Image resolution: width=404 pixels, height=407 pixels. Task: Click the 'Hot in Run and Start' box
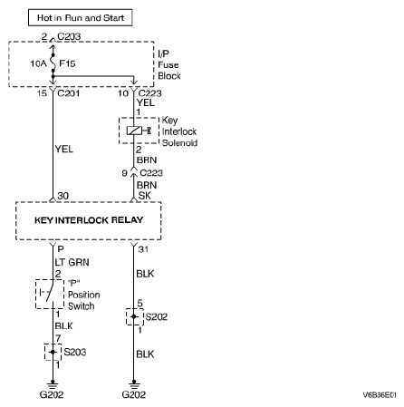pyautogui.click(x=81, y=17)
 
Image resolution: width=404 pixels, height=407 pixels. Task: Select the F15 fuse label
pyautogui.click(x=67, y=63)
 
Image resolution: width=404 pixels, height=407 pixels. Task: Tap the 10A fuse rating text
pyautogui.click(x=38, y=63)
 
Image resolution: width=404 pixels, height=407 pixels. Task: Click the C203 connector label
pyautogui.click(x=69, y=36)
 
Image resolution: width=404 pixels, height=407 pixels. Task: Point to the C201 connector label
pyautogui.click(x=69, y=93)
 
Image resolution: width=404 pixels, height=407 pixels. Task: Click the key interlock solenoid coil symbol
pyautogui.click(x=134, y=131)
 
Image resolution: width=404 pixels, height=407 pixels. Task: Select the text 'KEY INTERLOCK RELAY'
pyautogui.click(x=89, y=220)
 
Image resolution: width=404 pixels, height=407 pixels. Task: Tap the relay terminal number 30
pyautogui.click(x=63, y=196)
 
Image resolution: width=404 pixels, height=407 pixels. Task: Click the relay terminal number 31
pyautogui.click(x=143, y=249)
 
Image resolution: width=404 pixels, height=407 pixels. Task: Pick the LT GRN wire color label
pyautogui.click(x=72, y=262)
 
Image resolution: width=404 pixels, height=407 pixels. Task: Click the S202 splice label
pyautogui.click(x=157, y=316)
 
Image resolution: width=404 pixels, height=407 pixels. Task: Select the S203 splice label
pyautogui.click(x=75, y=352)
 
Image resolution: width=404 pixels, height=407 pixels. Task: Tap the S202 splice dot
pyautogui.click(x=134, y=316)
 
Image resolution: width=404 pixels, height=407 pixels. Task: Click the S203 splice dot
pyautogui.click(x=53, y=352)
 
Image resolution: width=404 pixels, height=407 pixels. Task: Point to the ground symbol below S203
pyautogui.click(x=53, y=384)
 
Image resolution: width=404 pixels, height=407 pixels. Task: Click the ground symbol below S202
pyautogui.click(x=134, y=384)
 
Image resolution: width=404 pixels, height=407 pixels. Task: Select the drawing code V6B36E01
pyautogui.click(x=380, y=395)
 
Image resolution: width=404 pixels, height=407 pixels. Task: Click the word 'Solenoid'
pyautogui.click(x=179, y=142)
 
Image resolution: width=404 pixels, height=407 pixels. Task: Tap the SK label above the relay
pyautogui.click(x=144, y=196)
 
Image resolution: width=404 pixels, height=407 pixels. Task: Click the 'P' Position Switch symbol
pyautogui.click(x=50, y=294)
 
